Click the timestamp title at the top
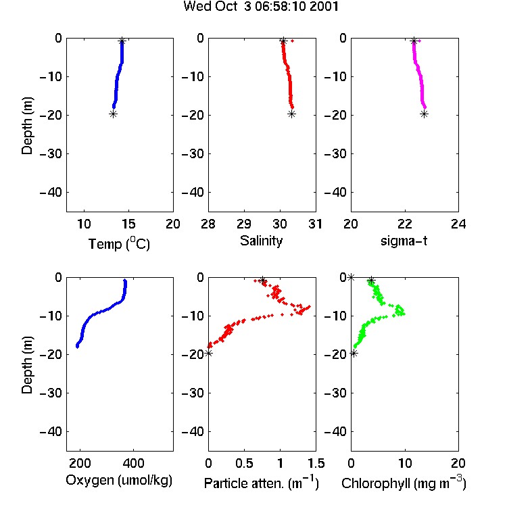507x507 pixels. (261, 6)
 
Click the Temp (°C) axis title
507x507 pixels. (119, 243)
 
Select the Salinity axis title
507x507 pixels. (261, 241)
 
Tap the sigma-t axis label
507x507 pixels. (404, 241)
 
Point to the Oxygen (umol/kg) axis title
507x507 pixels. (119, 481)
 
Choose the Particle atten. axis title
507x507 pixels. (261, 483)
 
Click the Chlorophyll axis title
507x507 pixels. (404, 483)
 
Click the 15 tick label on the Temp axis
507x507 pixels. (128, 224)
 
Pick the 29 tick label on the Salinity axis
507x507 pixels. (244, 224)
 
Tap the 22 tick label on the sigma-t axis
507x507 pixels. (405, 224)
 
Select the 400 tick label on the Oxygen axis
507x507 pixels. (134, 463)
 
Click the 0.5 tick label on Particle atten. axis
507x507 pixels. (244, 463)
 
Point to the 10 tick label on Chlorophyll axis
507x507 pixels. (405, 463)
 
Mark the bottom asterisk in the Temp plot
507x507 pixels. (113, 114)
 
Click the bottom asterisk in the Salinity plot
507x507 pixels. (291, 114)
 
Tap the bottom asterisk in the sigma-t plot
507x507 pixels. (425, 114)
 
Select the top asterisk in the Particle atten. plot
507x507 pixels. (262, 280)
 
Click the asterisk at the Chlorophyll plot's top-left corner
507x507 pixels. (351, 277)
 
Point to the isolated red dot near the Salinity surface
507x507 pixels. (292, 41)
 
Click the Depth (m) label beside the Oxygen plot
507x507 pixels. (27, 365)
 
